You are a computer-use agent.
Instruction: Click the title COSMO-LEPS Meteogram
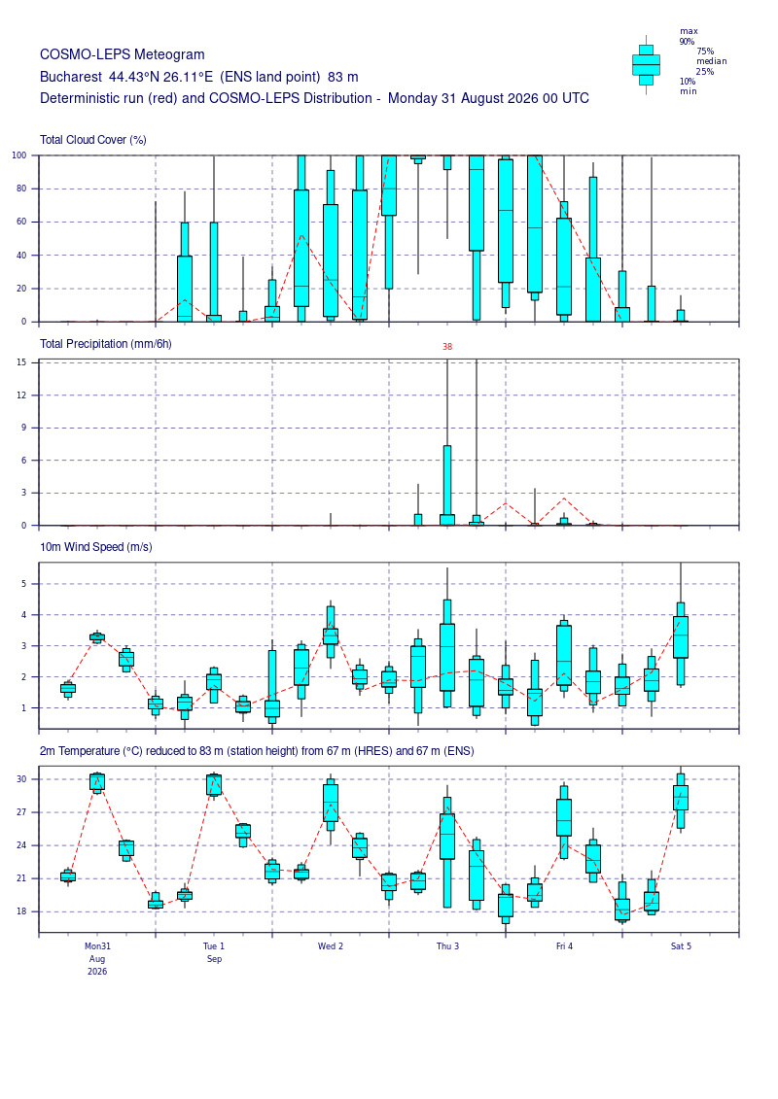pos(123,54)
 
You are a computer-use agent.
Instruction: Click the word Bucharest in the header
pos(71,77)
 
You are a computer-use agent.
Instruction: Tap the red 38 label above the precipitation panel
pos(447,346)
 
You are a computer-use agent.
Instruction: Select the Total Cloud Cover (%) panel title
pos(92,140)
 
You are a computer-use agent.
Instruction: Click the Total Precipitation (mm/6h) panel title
pos(105,343)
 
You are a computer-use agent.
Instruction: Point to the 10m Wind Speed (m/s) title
pos(95,547)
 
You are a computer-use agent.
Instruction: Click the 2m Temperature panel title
pos(257,751)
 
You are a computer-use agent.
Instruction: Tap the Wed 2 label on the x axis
pos(331,946)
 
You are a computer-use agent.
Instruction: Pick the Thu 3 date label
pos(447,946)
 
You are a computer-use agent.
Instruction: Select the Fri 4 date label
pos(564,946)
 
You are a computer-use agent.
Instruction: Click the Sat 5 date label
pos(681,946)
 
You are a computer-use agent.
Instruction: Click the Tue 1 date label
pos(214,946)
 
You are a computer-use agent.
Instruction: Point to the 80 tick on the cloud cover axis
pos(21,189)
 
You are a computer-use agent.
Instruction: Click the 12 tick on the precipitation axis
pos(21,395)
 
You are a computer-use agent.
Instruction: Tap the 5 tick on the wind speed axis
pos(24,584)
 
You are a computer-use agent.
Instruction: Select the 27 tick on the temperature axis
pos(21,812)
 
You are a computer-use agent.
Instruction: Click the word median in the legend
pos(711,61)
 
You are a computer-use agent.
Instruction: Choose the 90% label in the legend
pos(687,42)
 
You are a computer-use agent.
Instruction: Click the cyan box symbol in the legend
pos(646,65)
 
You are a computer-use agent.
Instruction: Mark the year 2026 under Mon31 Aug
pos(97,972)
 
